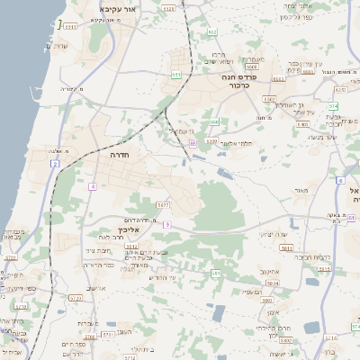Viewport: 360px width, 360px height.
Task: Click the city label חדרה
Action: (119, 154)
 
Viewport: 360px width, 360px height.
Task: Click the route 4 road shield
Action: (92, 186)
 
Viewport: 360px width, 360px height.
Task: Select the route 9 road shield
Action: (167, 224)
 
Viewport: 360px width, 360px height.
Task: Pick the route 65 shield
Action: (193, 142)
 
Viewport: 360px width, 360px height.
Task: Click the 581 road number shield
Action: (215, 272)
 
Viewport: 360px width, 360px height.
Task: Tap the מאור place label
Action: (300, 191)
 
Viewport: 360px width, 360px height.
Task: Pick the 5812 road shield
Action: (131, 245)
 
